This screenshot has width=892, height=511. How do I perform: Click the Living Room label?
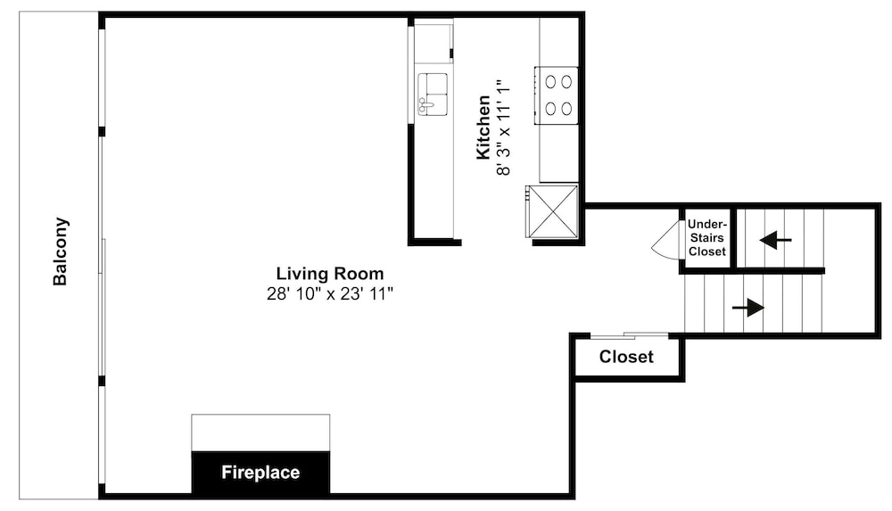[330, 274]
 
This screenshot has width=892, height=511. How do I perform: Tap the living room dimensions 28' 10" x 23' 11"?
[330, 294]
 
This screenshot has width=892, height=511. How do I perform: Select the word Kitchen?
[483, 128]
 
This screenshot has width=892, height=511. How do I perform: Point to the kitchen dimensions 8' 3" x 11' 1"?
[503, 128]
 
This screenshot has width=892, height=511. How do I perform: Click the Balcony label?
[61, 251]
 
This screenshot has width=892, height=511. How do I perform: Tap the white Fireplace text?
[260, 473]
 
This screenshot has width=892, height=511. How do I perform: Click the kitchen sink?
[433, 94]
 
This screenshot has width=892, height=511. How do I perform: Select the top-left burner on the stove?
[550, 82]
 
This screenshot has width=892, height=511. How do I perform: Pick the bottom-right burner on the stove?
[566, 108]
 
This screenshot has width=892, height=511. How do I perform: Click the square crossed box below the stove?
[551, 210]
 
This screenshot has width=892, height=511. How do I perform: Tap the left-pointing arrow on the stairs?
[775, 240]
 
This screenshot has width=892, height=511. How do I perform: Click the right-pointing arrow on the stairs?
[748, 308]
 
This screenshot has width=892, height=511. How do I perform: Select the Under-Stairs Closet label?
[707, 238]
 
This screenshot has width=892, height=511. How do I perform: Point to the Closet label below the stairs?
[626, 357]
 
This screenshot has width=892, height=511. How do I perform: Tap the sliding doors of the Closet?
[629, 335]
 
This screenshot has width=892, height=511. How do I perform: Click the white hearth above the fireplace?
[260, 433]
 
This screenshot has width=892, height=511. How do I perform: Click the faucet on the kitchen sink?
[425, 104]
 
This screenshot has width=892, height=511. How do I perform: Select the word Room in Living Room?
[359, 274]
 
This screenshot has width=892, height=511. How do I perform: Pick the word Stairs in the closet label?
[707, 238]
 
